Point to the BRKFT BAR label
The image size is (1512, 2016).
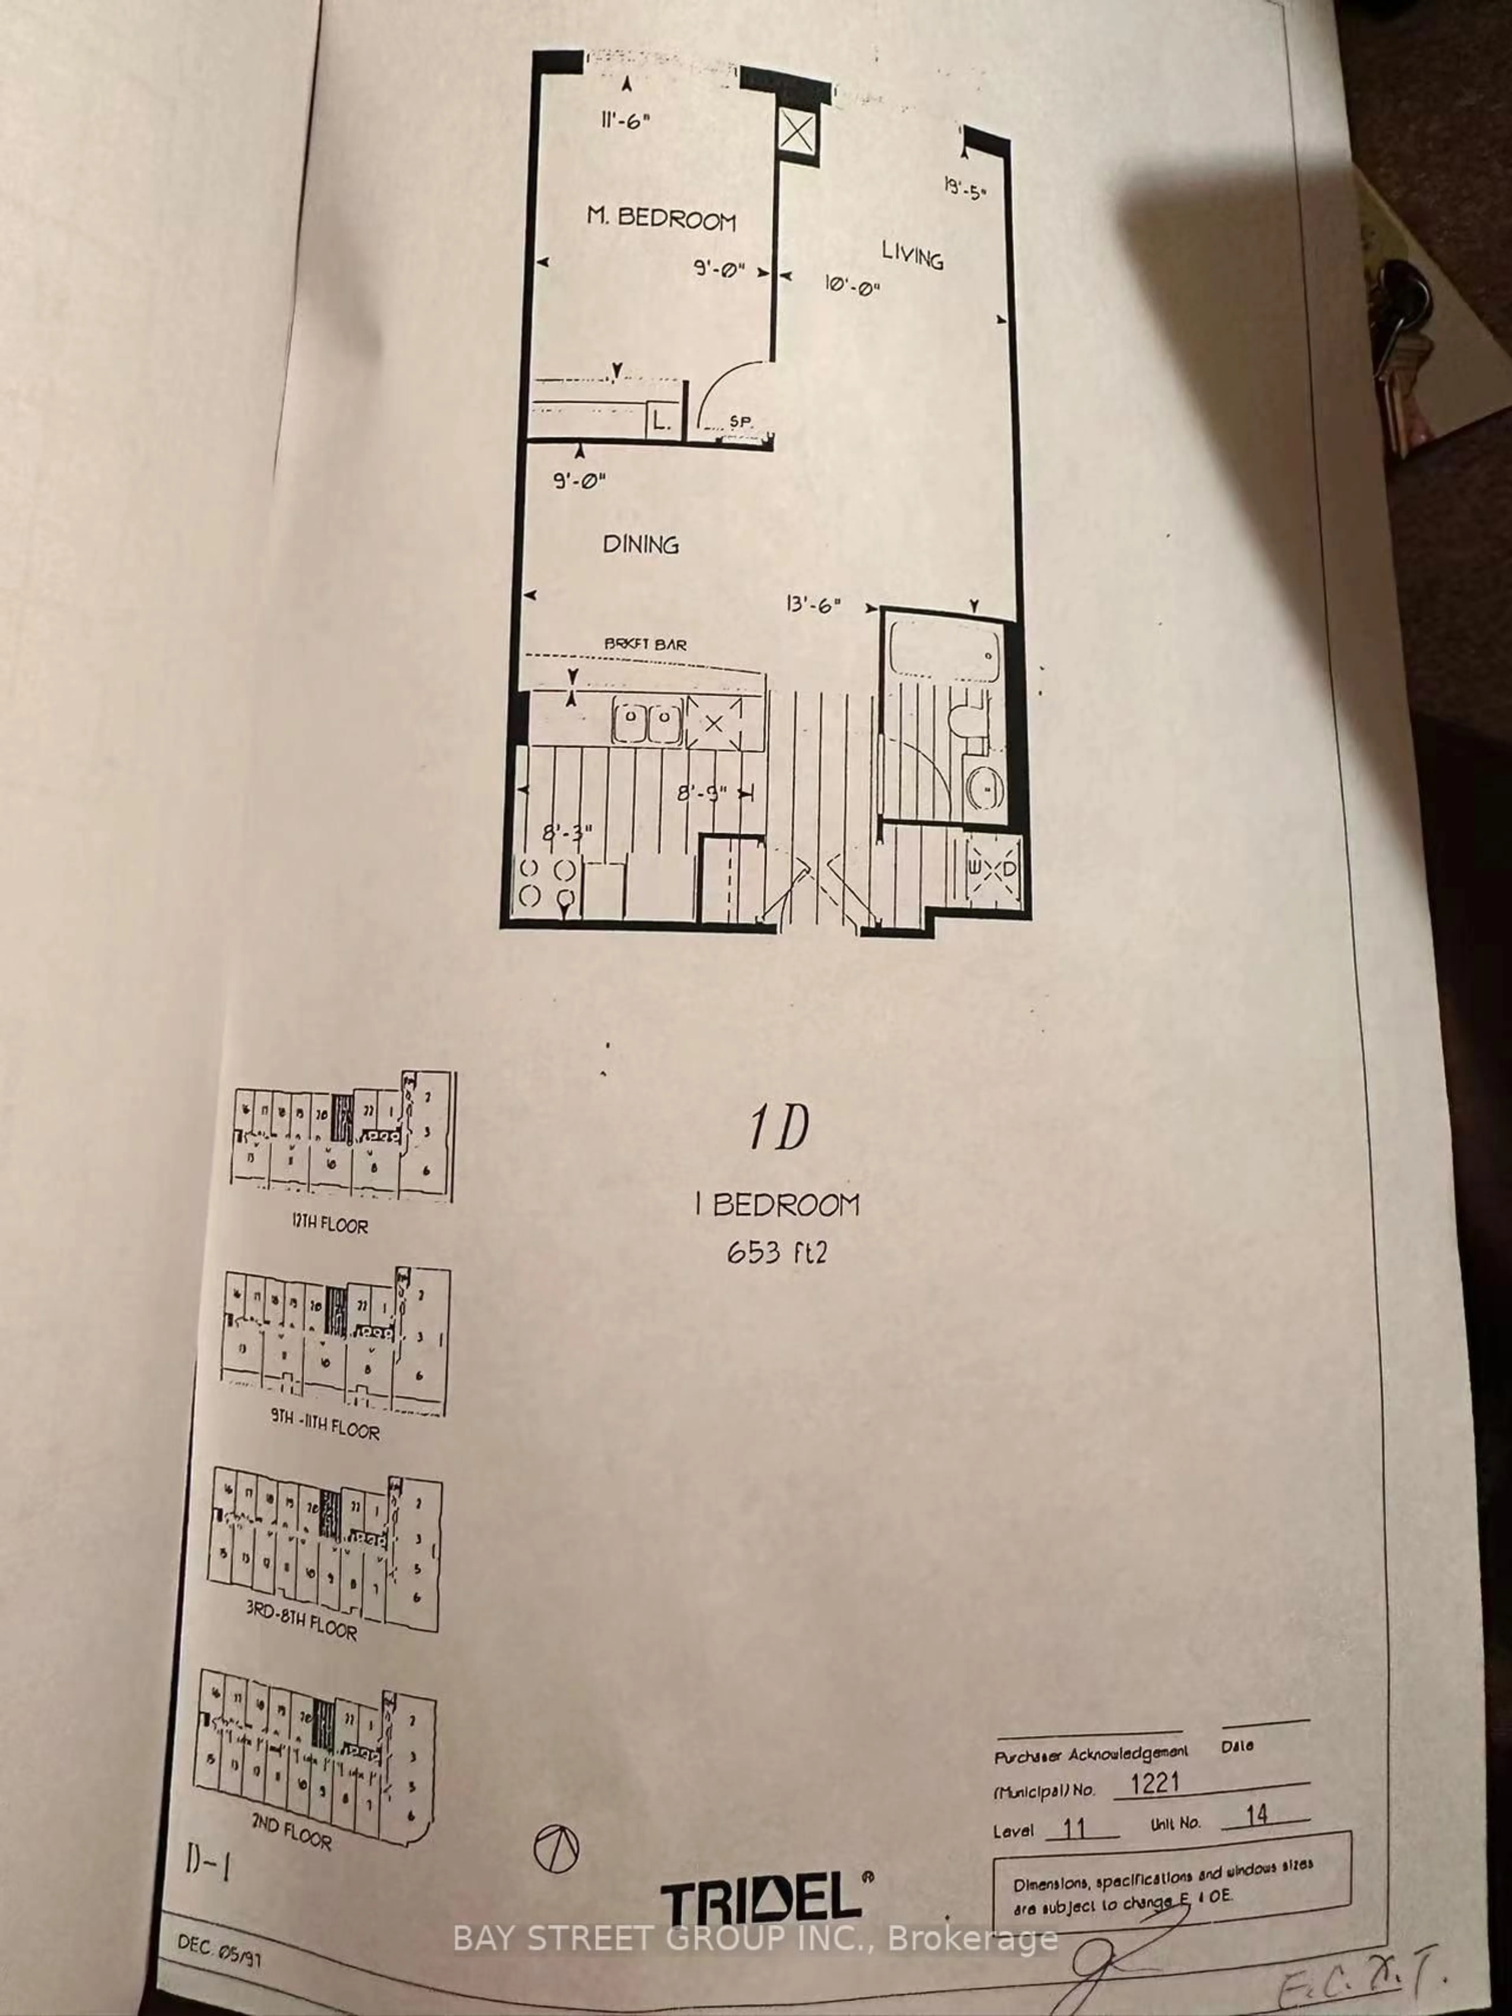click(x=645, y=643)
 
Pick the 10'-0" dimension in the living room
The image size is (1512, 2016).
click(x=852, y=286)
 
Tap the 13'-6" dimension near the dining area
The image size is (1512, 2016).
click(x=812, y=604)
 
